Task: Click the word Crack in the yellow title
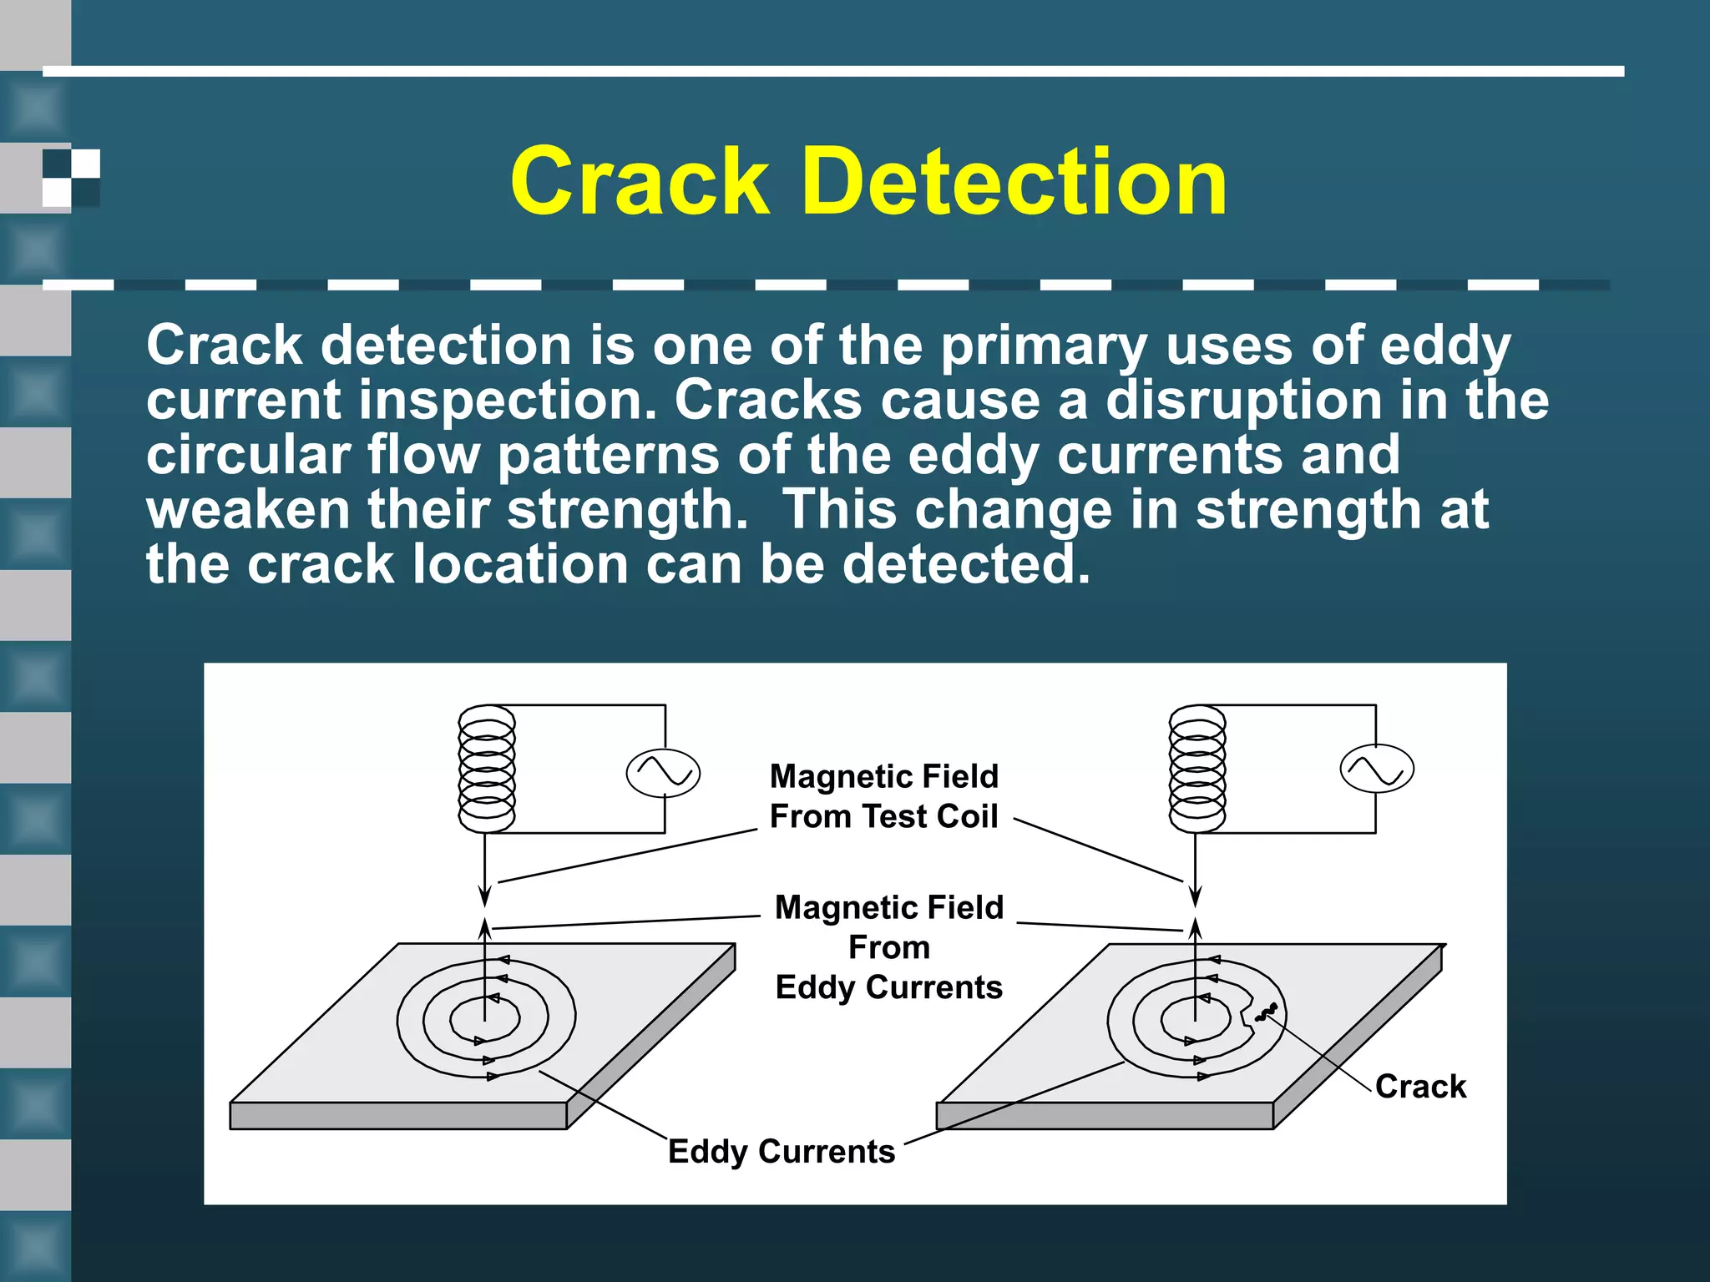point(639,182)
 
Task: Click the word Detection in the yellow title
point(1014,182)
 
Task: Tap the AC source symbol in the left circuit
point(663,773)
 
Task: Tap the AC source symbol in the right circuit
point(1377,770)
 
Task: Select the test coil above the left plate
point(488,769)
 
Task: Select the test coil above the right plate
point(1197,769)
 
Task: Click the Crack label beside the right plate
point(1420,1087)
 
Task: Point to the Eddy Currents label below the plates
point(782,1152)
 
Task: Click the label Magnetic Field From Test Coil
point(884,796)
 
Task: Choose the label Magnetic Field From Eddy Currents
point(889,947)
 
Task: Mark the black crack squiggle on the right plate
point(1266,1013)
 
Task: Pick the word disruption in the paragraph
point(1243,401)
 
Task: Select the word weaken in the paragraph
point(248,510)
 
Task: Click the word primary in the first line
point(1044,346)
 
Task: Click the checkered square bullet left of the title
point(71,178)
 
